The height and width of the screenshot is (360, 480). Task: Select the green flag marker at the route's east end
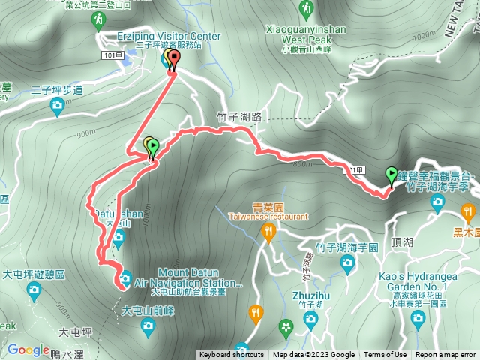[x=391, y=175]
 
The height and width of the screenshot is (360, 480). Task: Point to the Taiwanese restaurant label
[x=270, y=216]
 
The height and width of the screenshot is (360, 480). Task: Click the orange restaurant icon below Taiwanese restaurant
[x=268, y=233]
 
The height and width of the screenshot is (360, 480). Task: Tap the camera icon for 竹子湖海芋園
[x=346, y=262]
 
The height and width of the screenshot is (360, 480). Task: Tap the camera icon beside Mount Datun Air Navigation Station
[x=126, y=276]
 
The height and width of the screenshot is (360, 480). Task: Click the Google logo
[x=28, y=349]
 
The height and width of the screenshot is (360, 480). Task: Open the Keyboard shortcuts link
[x=231, y=355]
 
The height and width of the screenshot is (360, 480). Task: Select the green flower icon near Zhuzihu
[x=285, y=325]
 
